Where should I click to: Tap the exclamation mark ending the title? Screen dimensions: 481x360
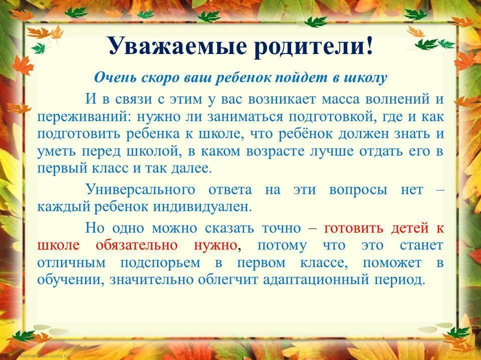(369, 44)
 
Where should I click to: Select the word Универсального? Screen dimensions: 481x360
(140, 189)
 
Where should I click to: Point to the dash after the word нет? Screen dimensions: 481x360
(440, 190)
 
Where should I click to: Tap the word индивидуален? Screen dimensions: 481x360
(202, 207)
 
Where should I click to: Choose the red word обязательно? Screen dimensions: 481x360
(136, 245)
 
